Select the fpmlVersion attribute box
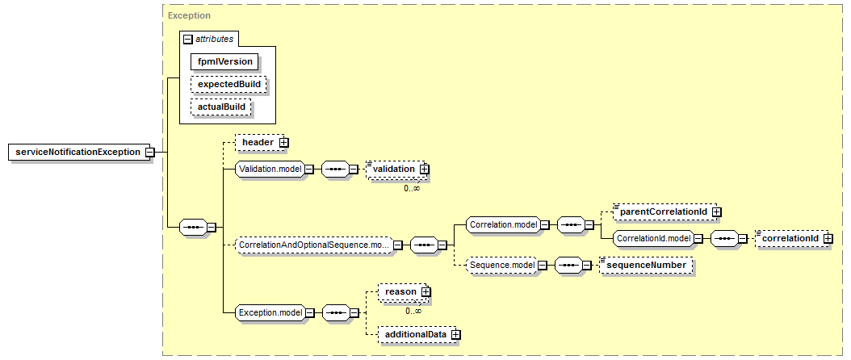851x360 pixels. (x=224, y=61)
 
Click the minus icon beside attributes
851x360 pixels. (x=188, y=39)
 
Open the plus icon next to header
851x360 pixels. (x=283, y=142)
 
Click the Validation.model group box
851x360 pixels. (x=274, y=169)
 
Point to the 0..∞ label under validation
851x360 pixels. (x=412, y=188)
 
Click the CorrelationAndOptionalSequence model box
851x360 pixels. (x=318, y=245)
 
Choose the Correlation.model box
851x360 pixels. (x=507, y=224)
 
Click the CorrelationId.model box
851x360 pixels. (x=658, y=238)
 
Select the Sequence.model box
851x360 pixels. (x=505, y=265)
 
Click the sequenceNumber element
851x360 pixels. (x=647, y=265)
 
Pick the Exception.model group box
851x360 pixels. (x=274, y=312)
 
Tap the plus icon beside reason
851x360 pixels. (x=425, y=291)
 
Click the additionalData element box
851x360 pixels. (x=420, y=334)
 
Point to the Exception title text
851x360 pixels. (x=189, y=15)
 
